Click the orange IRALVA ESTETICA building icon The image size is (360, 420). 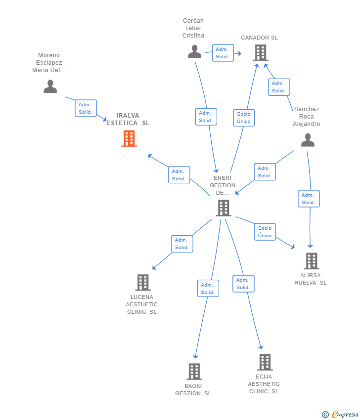click(129, 138)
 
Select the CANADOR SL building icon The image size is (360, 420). click(261, 53)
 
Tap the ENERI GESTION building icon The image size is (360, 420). click(224, 208)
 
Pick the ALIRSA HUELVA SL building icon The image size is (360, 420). click(312, 261)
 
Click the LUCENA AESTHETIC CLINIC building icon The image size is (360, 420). click(143, 282)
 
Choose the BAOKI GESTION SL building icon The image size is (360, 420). click(194, 372)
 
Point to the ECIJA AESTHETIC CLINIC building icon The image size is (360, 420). click(265, 362)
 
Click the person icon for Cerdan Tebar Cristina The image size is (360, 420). click(195, 52)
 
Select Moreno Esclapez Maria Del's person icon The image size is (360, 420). click(50, 86)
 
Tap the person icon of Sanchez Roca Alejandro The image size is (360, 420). click(308, 140)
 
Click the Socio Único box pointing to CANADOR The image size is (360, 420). click(244, 118)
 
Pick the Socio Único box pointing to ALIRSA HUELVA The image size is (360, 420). click(265, 232)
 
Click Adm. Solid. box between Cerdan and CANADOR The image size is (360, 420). click(223, 53)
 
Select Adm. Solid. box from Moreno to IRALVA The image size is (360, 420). click(86, 108)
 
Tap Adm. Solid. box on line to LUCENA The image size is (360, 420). click(182, 244)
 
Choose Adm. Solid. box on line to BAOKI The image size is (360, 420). click(208, 289)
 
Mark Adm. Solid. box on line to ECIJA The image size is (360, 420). click(243, 284)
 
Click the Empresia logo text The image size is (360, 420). click(345, 415)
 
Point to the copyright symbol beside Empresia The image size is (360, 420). click(325, 415)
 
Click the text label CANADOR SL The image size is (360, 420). click(260, 38)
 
